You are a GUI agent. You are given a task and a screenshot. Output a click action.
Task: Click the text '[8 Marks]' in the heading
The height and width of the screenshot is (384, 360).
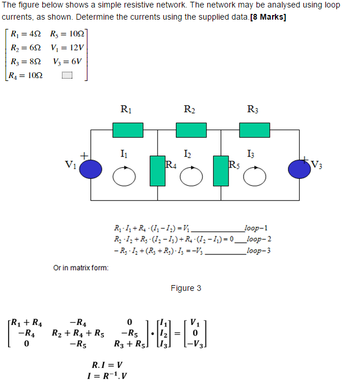coord(268,16)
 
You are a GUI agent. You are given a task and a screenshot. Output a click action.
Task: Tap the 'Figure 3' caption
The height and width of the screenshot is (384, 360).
coord(186,288)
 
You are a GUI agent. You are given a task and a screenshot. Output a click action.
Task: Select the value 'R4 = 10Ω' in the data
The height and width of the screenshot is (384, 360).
coord(27,75)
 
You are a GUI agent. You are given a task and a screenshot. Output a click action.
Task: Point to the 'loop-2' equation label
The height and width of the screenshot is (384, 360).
coord(257,238)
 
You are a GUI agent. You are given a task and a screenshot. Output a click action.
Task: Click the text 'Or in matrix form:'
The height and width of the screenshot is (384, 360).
coord(80,267)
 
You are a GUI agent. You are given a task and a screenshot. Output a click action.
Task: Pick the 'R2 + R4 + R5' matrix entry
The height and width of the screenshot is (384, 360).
coord(78,333)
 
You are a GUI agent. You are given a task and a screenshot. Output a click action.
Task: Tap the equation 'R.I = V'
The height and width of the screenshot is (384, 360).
coord(108,365)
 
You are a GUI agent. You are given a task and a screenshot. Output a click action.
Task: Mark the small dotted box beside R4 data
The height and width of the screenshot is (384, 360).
coord(67,75)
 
